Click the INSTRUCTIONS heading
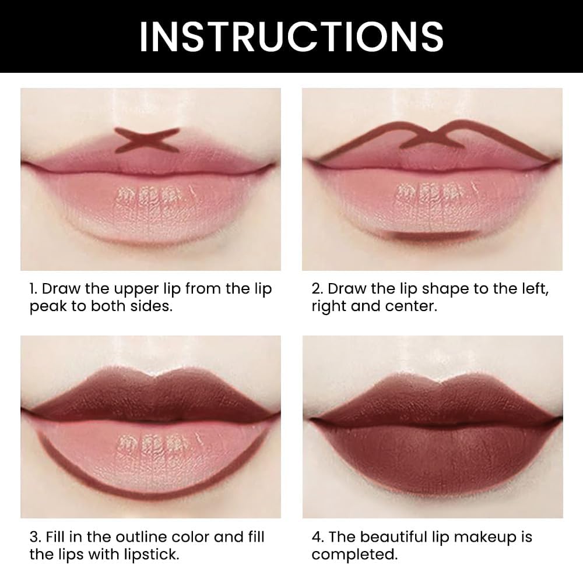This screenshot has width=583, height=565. [x=291, y=36]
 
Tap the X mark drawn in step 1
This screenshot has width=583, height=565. [x=147, y=140]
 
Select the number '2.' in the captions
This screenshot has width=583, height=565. [x=317, y=289]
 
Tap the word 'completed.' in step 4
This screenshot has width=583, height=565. [x=354, y=555]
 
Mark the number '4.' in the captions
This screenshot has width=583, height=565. [x=318, y=537]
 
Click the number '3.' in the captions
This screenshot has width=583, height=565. [x=36, y=537]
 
